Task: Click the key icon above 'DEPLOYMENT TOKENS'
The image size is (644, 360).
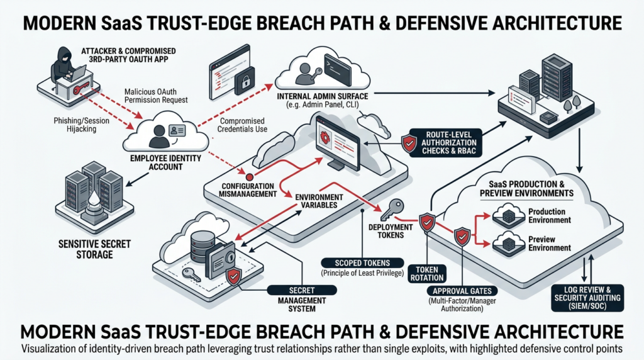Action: [x=396, y=207]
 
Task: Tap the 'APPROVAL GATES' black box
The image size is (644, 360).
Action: [x=462, y=291]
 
